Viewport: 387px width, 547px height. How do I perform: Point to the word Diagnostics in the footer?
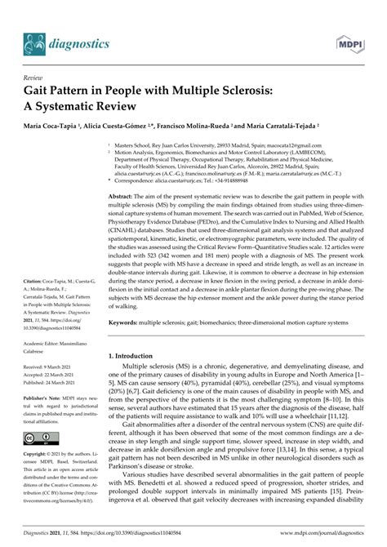[37, 539]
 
